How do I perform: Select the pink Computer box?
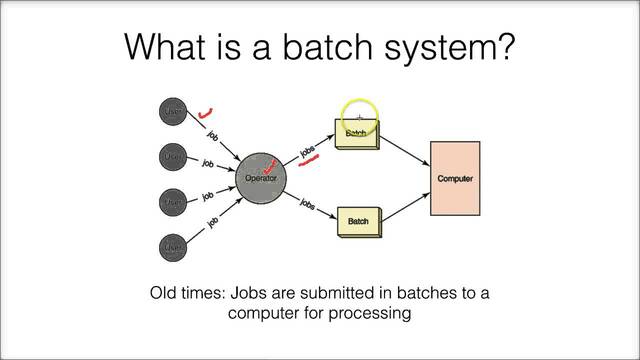click(455, 179)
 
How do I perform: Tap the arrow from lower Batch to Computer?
click(406, 204)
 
